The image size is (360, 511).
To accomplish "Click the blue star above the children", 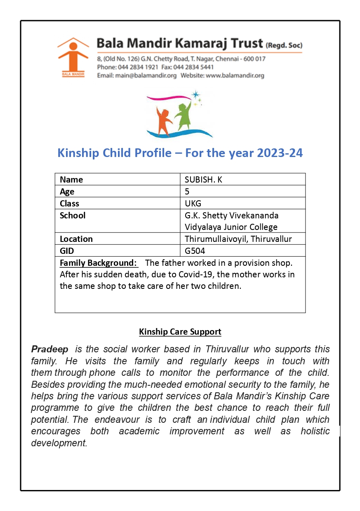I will [195, 94].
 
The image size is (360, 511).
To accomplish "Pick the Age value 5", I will [187, 192].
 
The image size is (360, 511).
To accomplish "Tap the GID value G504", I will [195, 251].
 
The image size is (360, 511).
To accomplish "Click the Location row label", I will [76, 239].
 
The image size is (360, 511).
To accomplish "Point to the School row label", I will [73, 216].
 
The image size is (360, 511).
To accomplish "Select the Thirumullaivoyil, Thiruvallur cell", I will [239, 239].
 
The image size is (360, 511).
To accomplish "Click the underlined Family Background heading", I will [98, 263].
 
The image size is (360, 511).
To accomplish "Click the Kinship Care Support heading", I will [180, 332].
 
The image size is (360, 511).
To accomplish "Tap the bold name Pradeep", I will [50, 349].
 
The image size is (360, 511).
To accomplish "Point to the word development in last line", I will [59, 443].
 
